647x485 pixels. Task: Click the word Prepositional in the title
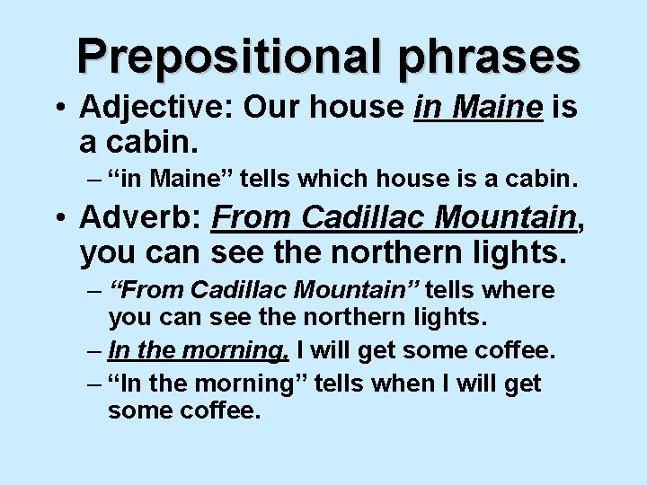point(216,56)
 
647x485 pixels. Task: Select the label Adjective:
point(154,109)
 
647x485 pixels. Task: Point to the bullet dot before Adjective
point(58,110)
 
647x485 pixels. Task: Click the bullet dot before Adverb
point(58,219)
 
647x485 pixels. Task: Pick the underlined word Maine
point(499,109)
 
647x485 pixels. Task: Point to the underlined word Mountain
point(513,218)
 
